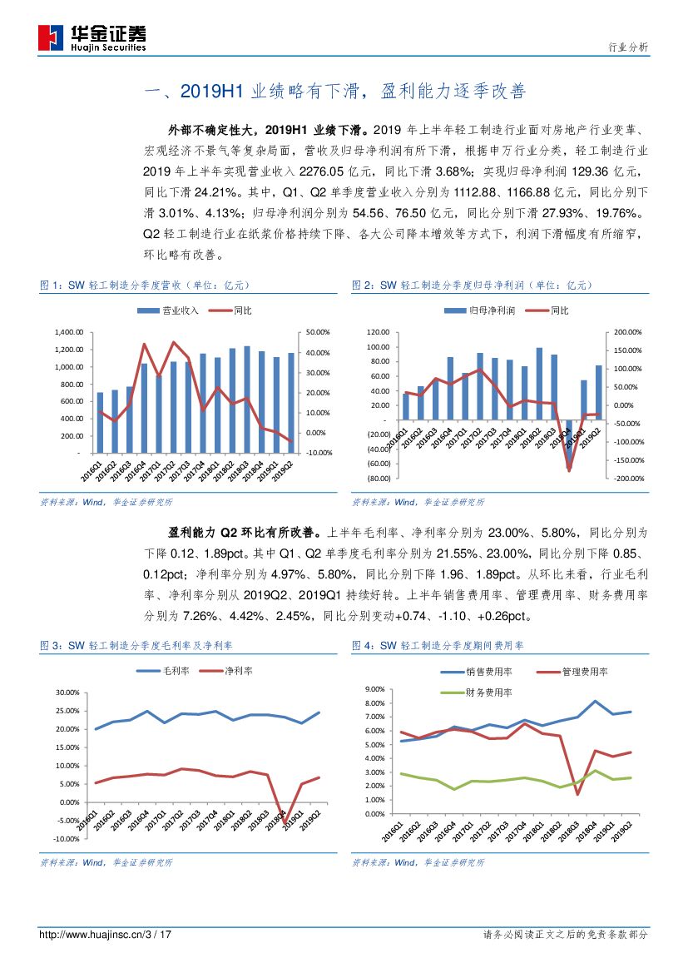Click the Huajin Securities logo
(92, 37)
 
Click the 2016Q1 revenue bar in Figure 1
(101, 422)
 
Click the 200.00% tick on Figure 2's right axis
(630, 331)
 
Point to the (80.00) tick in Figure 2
(379, 479)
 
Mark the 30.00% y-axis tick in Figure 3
(67, 693)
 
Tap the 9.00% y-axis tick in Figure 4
(374, 690)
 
